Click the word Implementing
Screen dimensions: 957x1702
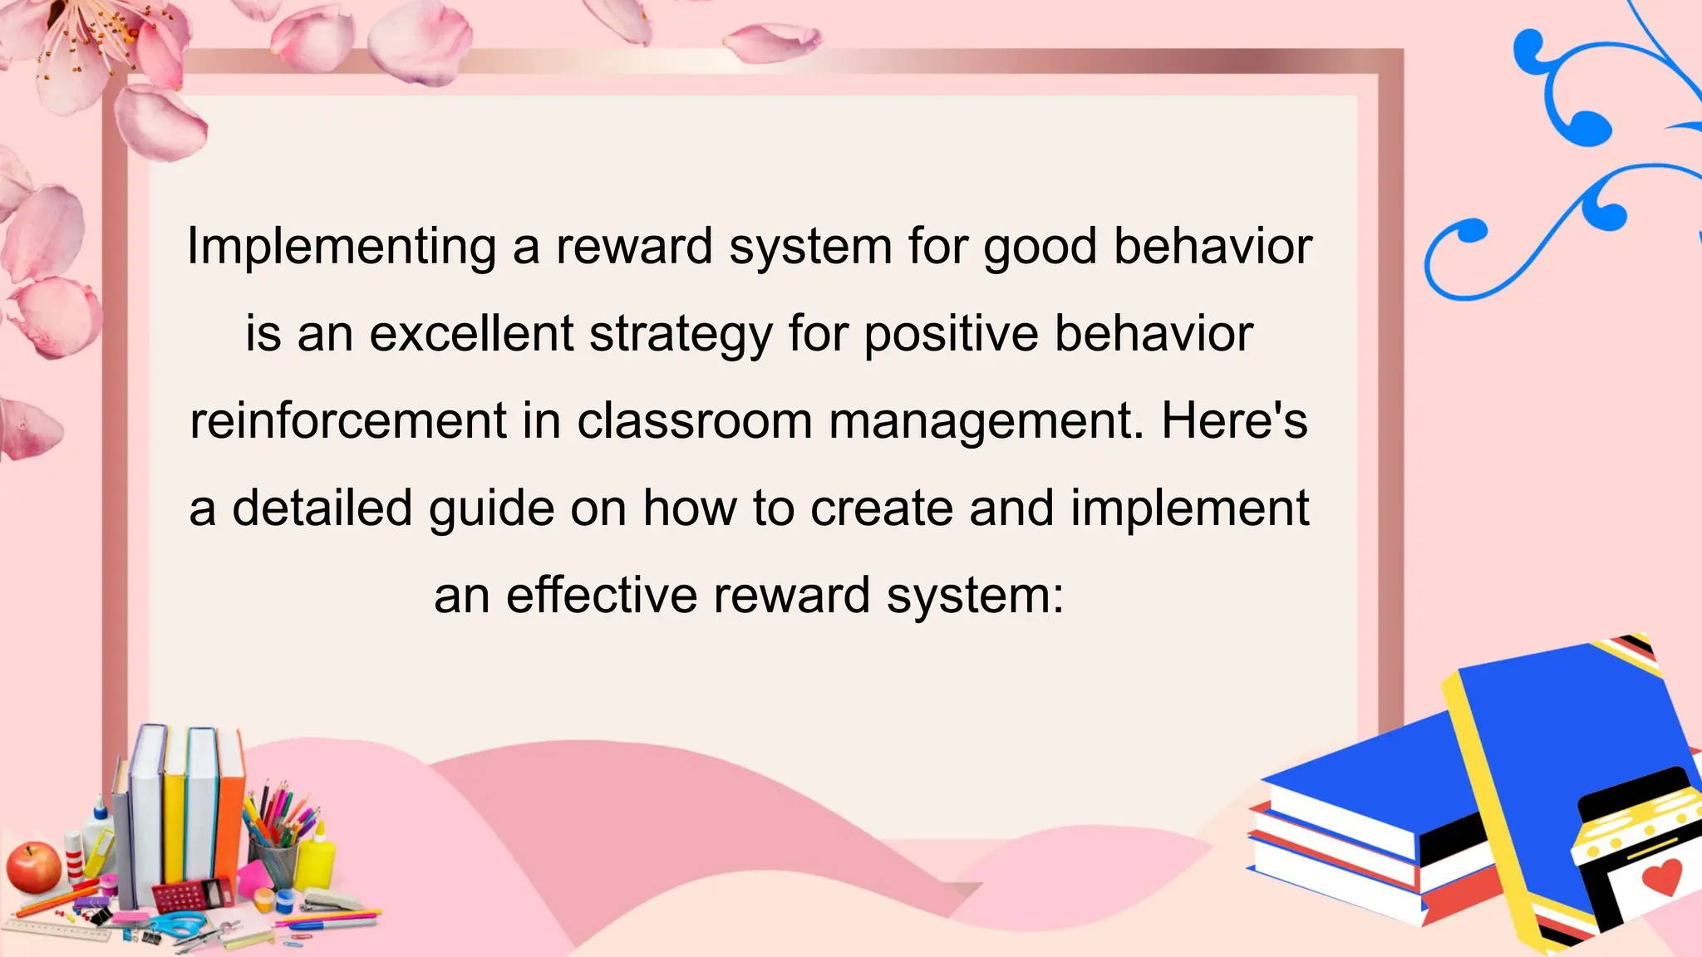click(342, 247)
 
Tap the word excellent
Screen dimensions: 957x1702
click(471, 334)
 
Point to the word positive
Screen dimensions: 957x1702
click(951, 336)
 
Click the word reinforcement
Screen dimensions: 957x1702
click(348, 420)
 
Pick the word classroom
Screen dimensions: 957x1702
click(695, 420)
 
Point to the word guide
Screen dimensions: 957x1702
click(491, 509)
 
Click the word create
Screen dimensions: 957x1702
click(881, 508)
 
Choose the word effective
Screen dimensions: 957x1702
click(602, 595)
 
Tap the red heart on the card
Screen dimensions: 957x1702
click(1662, 876)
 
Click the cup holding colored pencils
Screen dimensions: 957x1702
click(275, 860)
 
